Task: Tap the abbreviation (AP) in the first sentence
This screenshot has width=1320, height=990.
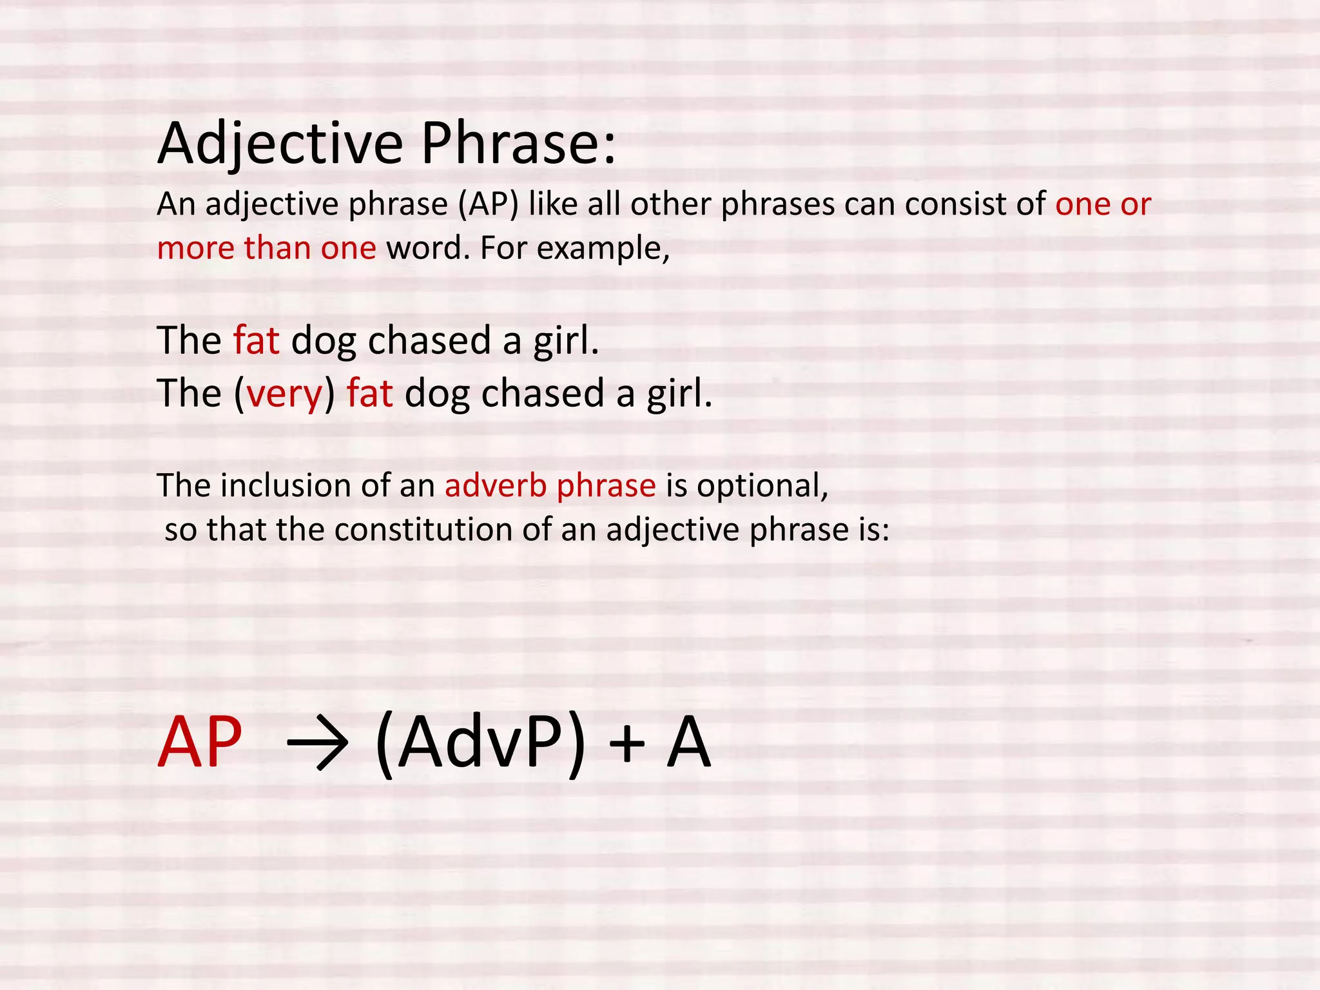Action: tap(488, 205)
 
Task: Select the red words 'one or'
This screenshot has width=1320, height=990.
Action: tap(1103, 205)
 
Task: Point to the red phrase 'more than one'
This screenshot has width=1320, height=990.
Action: tap(266, 248)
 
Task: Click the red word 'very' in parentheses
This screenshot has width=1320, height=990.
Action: tap(284, 394)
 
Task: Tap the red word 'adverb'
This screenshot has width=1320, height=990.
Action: tap(496, 485)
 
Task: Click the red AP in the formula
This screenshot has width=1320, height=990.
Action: tap(200, 744)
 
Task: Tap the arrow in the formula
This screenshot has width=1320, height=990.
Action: tap(317, 745)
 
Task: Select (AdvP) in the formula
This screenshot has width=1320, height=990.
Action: tap(480, 745)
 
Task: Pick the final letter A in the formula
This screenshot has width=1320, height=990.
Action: tap(688, 744)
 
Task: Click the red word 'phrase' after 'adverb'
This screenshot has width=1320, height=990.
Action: tap(606, 487)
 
